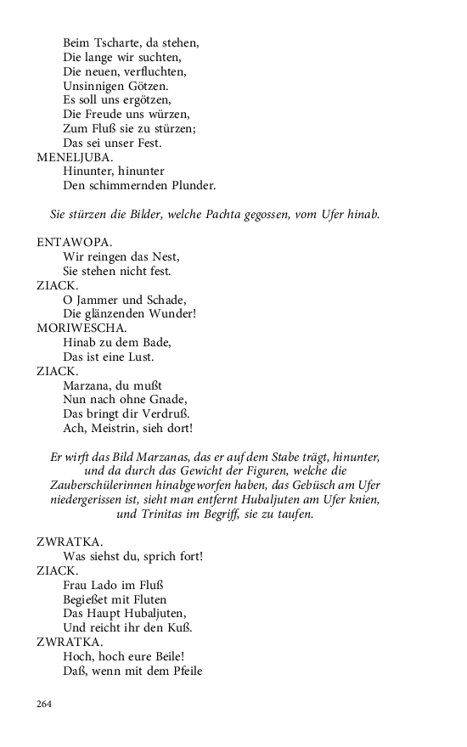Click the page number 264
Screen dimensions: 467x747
45,703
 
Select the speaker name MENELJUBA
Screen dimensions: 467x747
75,157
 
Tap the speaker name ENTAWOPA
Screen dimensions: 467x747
74,243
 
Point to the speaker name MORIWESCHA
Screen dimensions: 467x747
82,328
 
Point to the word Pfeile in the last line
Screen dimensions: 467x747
180,671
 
